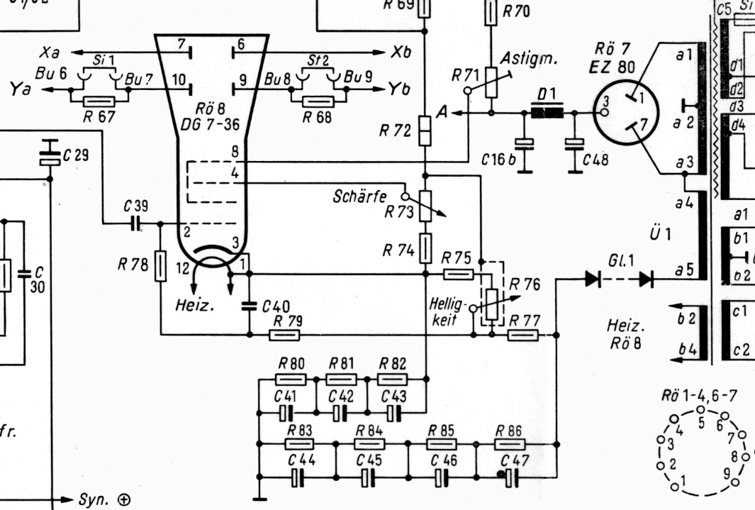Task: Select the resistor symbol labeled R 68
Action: pos(318,101)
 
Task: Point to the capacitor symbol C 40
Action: pos(250,306)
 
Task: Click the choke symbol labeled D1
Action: pos(547,113)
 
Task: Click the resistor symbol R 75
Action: pos(458,274)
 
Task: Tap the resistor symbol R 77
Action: pos(523,334)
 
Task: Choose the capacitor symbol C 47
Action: pos(508,478)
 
